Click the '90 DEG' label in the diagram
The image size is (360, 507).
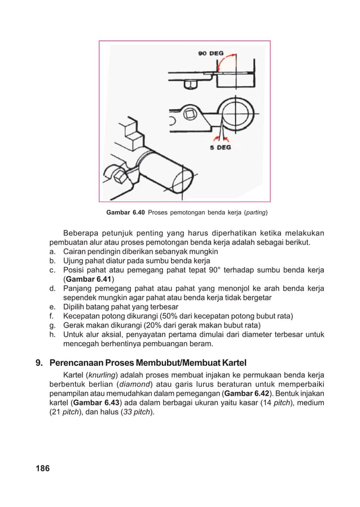(x=210, y=54)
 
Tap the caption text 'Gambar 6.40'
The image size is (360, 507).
(x=125, y=213)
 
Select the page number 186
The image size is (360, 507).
(x=42, y=468)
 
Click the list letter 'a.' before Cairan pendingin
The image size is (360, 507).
(x=51, y=251)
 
